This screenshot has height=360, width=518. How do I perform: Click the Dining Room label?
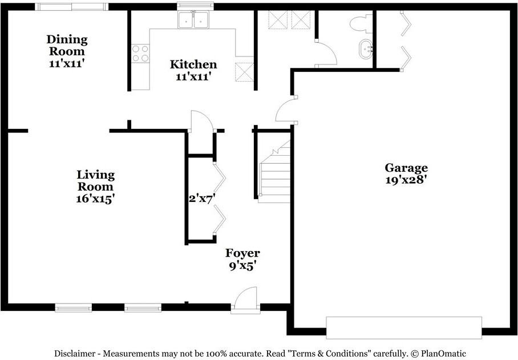67,45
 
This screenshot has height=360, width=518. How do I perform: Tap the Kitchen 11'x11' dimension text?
193,77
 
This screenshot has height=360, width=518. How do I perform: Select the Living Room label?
96,181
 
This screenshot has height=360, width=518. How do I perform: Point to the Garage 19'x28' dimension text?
406,180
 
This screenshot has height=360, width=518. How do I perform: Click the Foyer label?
242,253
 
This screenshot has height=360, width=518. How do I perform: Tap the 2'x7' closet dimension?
202,199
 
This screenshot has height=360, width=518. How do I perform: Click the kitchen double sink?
193,20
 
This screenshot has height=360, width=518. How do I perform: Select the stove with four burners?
140,54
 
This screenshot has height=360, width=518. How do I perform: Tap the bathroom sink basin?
366,49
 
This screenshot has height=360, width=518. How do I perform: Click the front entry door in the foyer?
245,301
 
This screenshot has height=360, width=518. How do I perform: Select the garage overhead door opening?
404,327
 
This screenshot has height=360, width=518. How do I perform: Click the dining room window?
72,7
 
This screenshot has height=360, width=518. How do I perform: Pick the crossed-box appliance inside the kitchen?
244,72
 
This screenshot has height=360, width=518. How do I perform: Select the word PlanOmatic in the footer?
443,353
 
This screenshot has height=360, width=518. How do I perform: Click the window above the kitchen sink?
195,6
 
